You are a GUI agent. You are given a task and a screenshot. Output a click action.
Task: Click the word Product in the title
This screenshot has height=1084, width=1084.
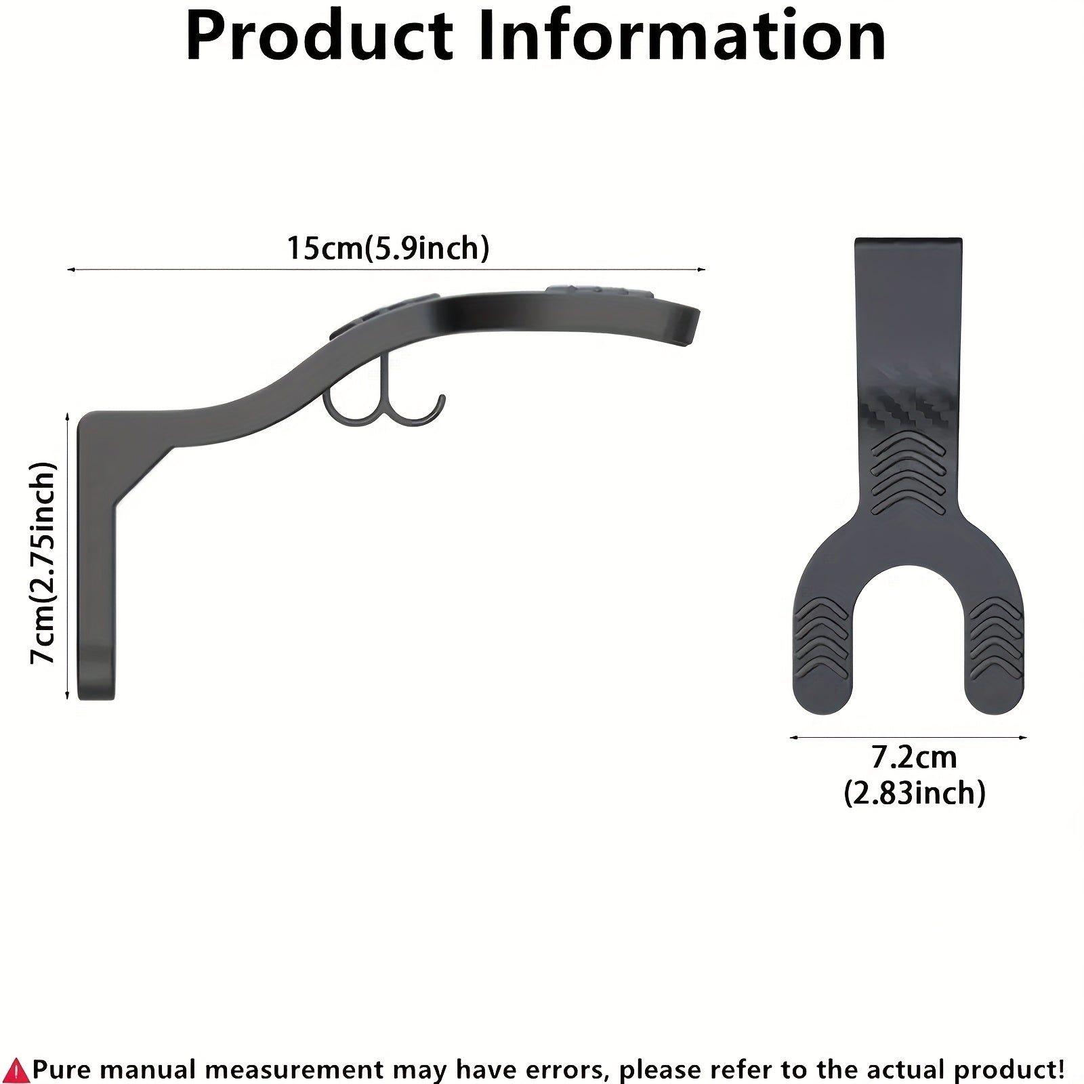click(319, 38)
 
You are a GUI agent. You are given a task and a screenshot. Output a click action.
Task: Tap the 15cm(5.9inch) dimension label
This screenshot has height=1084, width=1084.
click(388, 249)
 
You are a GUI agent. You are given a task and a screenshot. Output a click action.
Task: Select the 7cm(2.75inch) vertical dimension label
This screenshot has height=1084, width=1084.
click(42, 562)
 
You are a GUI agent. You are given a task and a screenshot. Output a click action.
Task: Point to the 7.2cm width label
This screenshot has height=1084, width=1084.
click(914, 757)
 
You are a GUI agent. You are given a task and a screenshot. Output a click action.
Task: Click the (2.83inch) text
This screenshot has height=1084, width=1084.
click(914, 792)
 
